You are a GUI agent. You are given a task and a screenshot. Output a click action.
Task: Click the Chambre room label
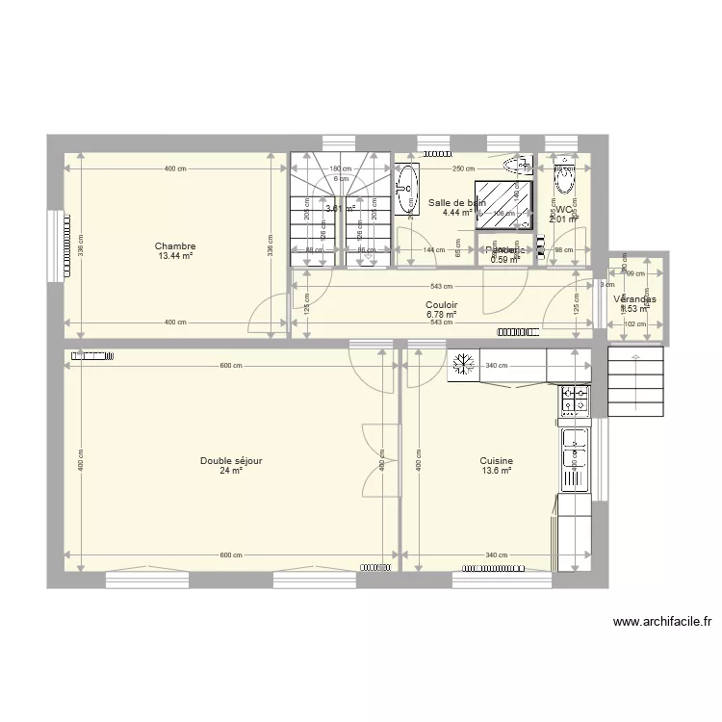[x=175, y=246]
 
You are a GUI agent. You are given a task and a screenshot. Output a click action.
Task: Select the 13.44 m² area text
[x=175, y=257]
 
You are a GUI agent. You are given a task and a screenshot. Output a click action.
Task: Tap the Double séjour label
[x=231, y=461]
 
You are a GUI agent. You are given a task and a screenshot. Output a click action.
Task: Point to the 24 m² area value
[x=231, y=472]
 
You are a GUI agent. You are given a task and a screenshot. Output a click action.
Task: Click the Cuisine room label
[x=497, y=461]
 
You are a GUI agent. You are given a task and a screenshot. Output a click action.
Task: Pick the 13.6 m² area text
[x=497, y=472]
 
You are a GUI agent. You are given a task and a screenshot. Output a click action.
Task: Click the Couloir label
[x=442, y=305]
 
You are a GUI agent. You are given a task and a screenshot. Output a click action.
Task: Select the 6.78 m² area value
[x=442, y=315]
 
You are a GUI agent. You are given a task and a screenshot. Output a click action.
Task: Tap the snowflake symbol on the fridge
[x=463, y=365]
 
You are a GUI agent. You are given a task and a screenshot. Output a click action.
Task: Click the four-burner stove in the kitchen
[x=576, y=400]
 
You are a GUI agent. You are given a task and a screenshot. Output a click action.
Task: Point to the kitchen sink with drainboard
[x=576, y=453]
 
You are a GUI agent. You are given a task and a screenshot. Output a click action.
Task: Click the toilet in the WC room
[x=563, y=180]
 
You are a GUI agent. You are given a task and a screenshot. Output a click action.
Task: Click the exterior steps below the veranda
[x=636, y=380]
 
